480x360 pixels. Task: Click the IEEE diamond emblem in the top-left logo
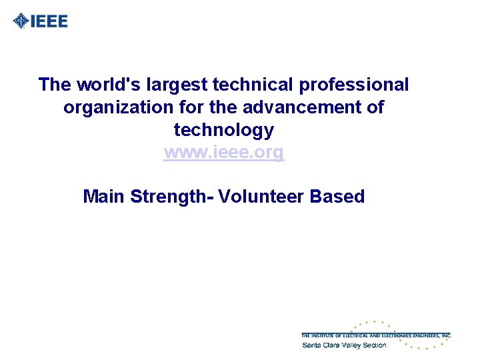click(21, 21)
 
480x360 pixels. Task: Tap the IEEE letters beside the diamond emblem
click(49, 21)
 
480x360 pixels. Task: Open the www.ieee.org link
click(223, 152)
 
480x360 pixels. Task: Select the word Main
click(104, 197)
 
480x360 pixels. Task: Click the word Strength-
click(171, 197)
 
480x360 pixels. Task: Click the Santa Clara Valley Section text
click(344, 345)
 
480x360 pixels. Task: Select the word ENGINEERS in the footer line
click(425, 335)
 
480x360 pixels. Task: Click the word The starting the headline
click(55, 85)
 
